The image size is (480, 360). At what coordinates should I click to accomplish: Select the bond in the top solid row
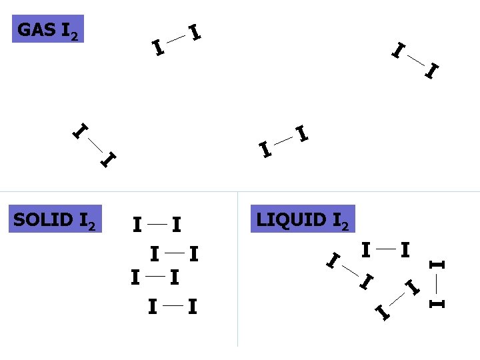click(x=157, y=225)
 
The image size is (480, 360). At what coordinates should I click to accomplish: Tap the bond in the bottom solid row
click(x=173, y=306)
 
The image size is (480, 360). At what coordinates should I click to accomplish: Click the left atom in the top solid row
click(x=136, y=225)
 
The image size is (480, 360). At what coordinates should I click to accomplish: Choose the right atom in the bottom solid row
click(x=192, y=307)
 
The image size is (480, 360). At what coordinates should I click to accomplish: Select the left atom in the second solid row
click(x=154, y=254)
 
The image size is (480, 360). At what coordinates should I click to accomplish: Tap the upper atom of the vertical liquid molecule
click(x=437, y=265)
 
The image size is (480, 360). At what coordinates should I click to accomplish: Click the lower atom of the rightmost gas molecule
click(x=433, y=69)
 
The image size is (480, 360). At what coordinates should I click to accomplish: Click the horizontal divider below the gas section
click(x=240, y=192)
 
